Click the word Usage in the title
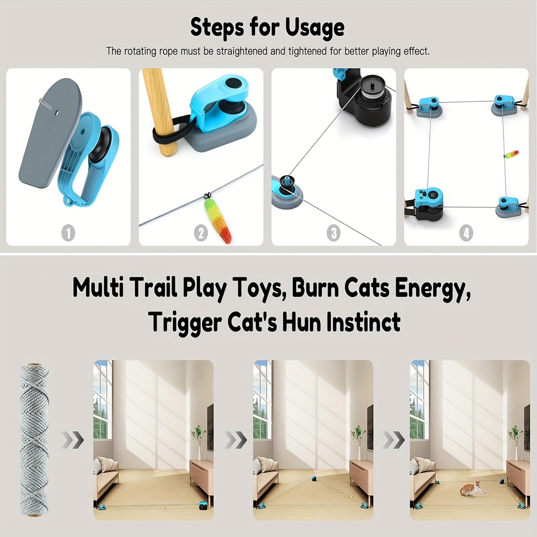click(314, 28)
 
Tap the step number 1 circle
click(68, 233)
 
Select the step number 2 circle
click(201, 233)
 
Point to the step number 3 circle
click(333, 233)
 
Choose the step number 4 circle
click(466, 233)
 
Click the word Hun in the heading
click(303, 322)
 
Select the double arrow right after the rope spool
click(72, 440)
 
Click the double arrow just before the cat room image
click(394, 440)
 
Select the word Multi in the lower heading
click(98, 288)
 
